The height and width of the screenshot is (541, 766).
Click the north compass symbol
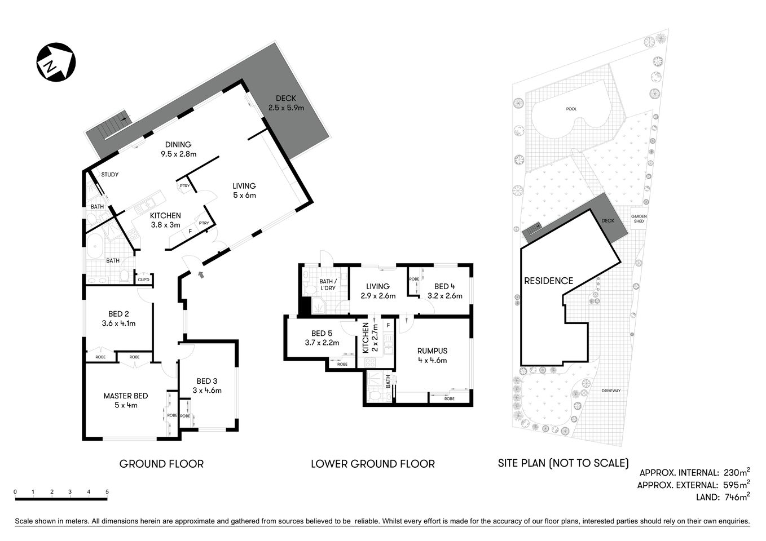click(x=56, y=61)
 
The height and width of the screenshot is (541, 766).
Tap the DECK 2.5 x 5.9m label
click(x=286, y=103)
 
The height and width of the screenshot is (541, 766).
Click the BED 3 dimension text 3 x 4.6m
click(x=207, y=390)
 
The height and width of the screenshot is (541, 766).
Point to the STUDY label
click(x=109, y=175)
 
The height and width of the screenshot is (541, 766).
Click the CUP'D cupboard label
click(x=144, y=280)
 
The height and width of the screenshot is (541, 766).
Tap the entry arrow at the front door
click(x=201, y=274)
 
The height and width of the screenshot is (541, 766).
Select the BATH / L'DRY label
click(x=328, y=285)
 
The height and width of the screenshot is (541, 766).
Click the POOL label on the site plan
click(x=572, y=109)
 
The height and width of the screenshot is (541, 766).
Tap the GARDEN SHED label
click(x=639, y=219)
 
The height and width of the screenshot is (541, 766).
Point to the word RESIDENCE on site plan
click(x=548, y=281)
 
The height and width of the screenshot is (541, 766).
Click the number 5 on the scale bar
click(x=107, y=492)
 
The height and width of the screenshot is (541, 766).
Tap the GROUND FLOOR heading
click(x=161, y=464)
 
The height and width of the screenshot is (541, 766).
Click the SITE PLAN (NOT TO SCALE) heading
click(x=563, y=463)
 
